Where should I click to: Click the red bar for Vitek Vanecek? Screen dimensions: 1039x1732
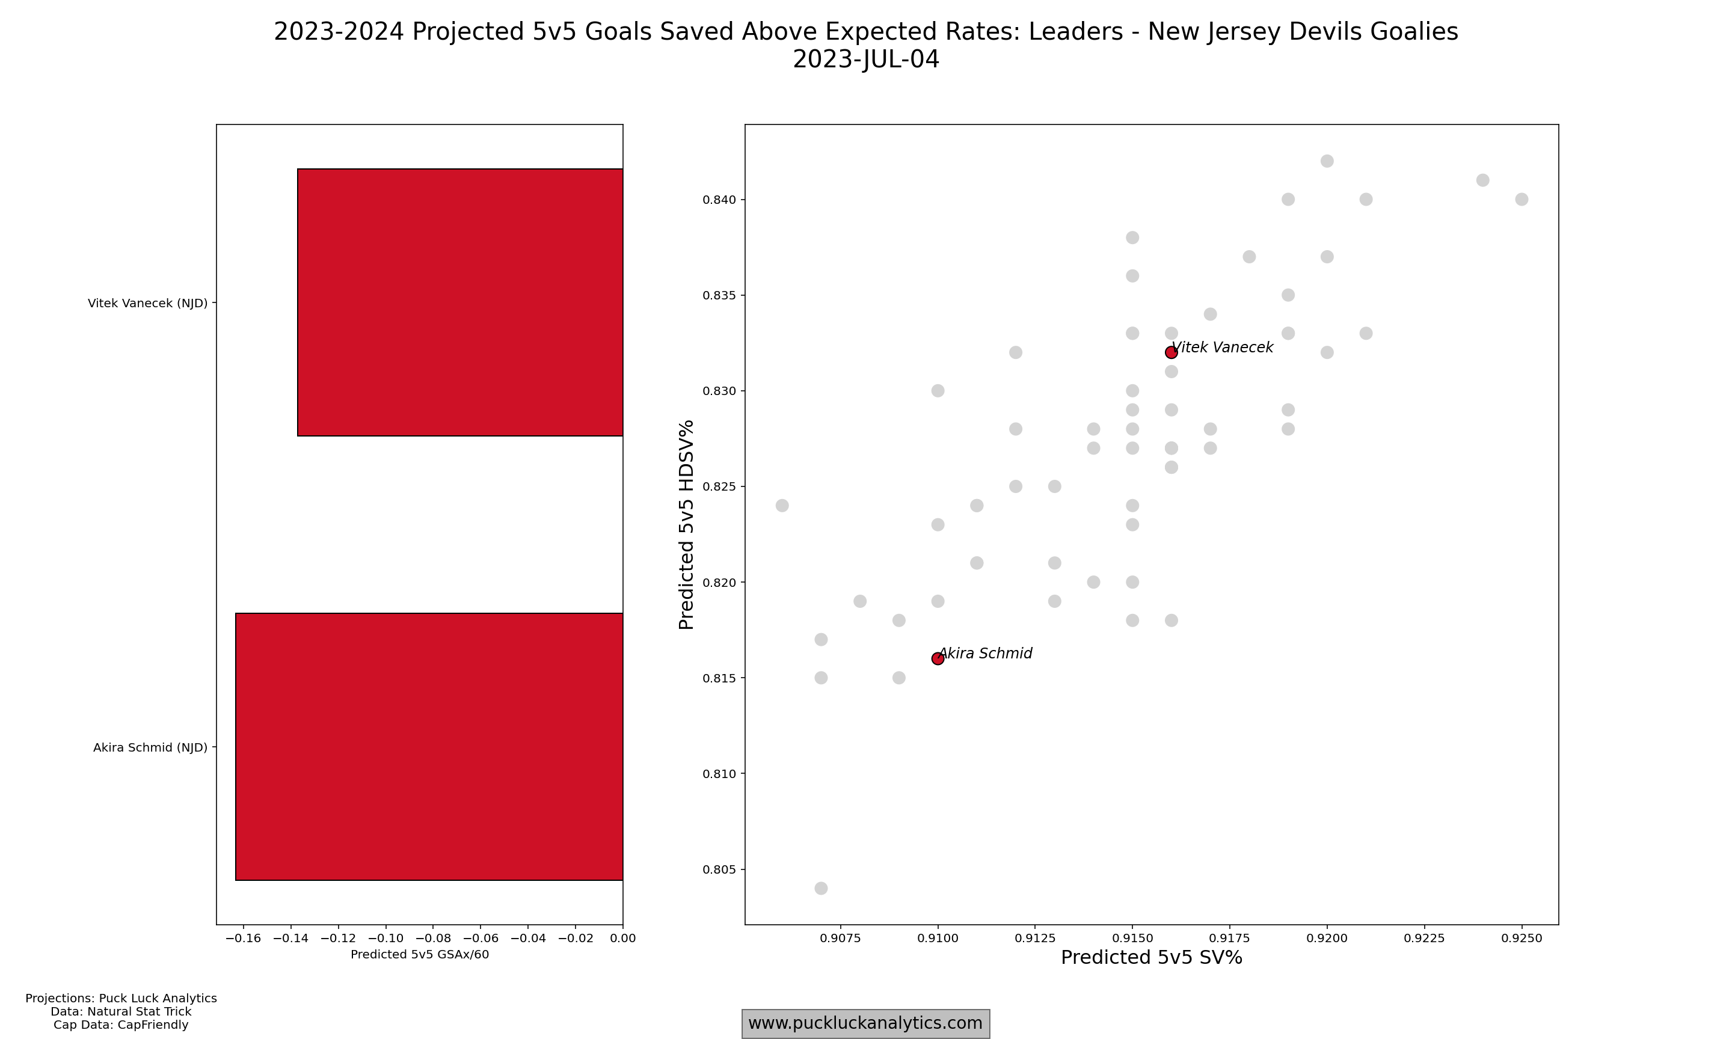tap(460, 302)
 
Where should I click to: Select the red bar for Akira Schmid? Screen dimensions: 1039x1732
tap(429, 746)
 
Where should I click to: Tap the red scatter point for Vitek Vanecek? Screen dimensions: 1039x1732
tap(1172, 352)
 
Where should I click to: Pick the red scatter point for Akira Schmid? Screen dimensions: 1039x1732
tap(938, 658)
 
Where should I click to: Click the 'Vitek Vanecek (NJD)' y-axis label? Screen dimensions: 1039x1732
tap(148, 303)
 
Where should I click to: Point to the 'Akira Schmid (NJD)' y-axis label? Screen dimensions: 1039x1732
tap(150, 748)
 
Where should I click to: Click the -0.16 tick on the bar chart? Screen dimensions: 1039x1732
tap(243, 938)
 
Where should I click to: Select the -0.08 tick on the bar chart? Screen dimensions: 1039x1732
tap(432, 938)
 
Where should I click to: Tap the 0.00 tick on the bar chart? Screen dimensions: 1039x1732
tap(623, 938)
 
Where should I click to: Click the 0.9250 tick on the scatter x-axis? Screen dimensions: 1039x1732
tap(1522, 938)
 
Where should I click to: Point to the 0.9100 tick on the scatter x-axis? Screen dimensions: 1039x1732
tap(938, 938)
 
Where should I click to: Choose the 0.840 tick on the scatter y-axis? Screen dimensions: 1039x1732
tap(719, 200)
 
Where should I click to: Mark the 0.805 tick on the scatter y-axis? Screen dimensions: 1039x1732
tap(719, 869)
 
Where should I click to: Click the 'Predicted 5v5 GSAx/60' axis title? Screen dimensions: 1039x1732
tap(420, 954)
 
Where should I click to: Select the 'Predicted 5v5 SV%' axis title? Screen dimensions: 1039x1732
tap(1152, 958)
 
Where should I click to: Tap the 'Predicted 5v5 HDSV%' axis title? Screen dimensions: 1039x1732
tap(686, 524)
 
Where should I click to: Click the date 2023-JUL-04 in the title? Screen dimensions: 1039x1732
tap(866, 60)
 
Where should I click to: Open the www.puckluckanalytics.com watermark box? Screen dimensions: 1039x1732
tap(865, 1023)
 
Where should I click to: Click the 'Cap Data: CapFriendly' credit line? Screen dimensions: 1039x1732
tap(121, 1025)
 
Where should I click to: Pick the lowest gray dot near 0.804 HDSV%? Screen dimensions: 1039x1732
tap(821, 889)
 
